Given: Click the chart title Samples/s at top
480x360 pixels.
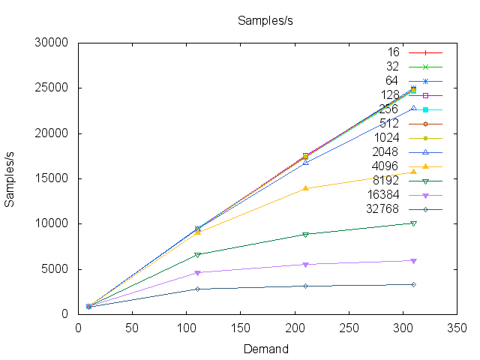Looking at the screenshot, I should pos(265,20).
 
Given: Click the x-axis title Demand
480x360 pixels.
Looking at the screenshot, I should pos(265,349).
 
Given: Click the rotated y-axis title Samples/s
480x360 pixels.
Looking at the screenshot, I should pos(11,178).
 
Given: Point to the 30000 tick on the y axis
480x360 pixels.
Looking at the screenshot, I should pos(53,43).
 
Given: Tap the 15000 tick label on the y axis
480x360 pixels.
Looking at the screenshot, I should pos(53,178).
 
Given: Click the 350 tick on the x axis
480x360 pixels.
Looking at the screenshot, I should pos(457,328).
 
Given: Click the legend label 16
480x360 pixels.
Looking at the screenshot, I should pos(393,52).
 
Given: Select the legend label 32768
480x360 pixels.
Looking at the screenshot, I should pos(382,208).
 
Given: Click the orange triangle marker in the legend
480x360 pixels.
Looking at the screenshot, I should pos(425,166).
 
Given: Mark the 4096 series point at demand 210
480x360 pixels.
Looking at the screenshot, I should pos(305,188).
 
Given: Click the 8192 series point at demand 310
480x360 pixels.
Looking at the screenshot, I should pos(413,223).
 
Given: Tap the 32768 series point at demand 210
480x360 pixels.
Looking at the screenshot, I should pos(305,286).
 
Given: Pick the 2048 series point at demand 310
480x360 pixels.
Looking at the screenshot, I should pos(413,108).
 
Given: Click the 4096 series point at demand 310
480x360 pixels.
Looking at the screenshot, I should pos(413,172).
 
